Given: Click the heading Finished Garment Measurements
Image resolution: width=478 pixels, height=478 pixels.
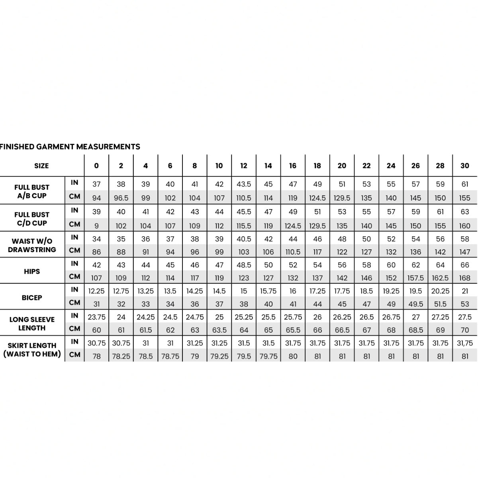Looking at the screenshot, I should [70, 147].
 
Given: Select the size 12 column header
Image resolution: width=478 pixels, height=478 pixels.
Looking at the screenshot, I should [244, 166].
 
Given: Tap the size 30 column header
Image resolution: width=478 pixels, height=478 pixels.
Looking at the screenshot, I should [465, 166].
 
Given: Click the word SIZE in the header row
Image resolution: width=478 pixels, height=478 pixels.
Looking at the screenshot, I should [41, 166].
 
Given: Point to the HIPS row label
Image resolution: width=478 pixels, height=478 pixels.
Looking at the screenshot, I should [32, 271].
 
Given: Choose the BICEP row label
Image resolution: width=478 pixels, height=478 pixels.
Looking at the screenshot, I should [32, 298].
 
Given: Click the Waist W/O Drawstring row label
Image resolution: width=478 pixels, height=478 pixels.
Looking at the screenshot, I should [32, 245].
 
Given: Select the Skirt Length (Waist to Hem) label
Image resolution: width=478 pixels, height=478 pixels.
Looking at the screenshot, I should [32, 350].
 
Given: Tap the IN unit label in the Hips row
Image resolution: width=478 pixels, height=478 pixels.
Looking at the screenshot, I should [74, 263].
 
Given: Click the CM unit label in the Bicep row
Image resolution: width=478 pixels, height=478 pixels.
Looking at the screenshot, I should [74, 302].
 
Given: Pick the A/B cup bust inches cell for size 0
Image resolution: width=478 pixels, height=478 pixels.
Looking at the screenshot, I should [96, 184].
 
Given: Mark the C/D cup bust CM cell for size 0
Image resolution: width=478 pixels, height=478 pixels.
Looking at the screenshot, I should [96, 226].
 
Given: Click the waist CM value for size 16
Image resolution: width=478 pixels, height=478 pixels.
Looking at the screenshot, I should [293, 252].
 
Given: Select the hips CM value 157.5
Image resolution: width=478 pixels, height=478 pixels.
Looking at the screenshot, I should [415, 278].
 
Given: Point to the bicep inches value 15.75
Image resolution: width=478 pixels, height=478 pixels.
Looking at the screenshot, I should [268, 291].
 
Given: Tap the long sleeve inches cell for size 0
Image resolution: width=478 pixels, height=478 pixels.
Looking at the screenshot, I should [96, 317].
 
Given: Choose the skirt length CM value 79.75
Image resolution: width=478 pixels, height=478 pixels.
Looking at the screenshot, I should [268, 356].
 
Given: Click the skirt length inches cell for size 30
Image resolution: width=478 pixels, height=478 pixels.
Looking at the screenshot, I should [465, 343].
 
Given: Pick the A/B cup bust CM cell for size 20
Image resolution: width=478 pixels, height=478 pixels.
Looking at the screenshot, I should [342, 198].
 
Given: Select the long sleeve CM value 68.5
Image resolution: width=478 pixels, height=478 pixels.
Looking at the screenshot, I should [415, 330].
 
